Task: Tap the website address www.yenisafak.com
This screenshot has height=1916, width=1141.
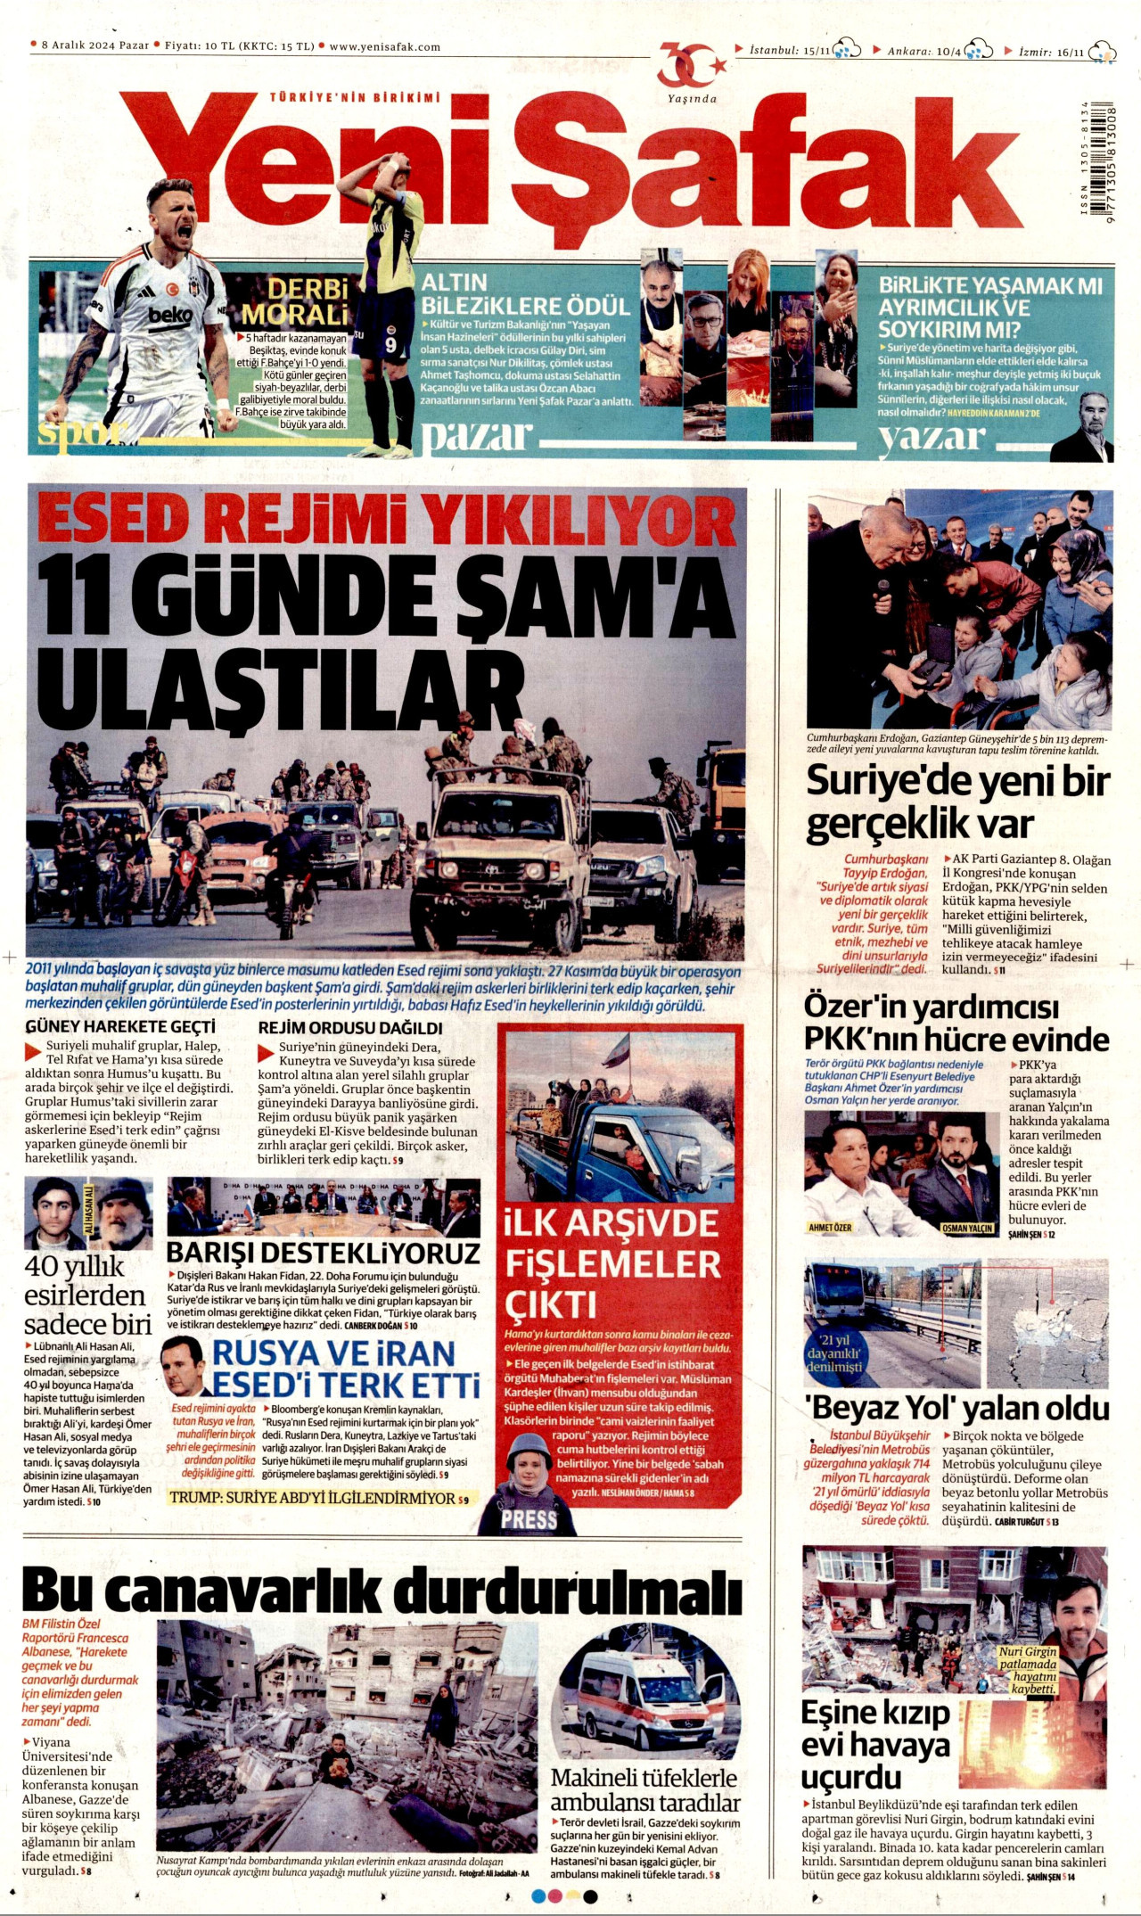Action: [x=384, y=47]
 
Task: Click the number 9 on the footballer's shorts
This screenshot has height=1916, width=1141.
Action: [x=390, y=343]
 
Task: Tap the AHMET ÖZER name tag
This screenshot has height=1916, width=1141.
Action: [x=829, y=1228]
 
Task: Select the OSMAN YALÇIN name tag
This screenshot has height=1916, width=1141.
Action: [x=967, y=1229]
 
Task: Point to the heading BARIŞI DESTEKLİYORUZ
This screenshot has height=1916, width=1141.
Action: [x=323, y=1254]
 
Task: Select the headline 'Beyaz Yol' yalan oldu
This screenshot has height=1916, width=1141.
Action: [x=957, y=1410]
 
